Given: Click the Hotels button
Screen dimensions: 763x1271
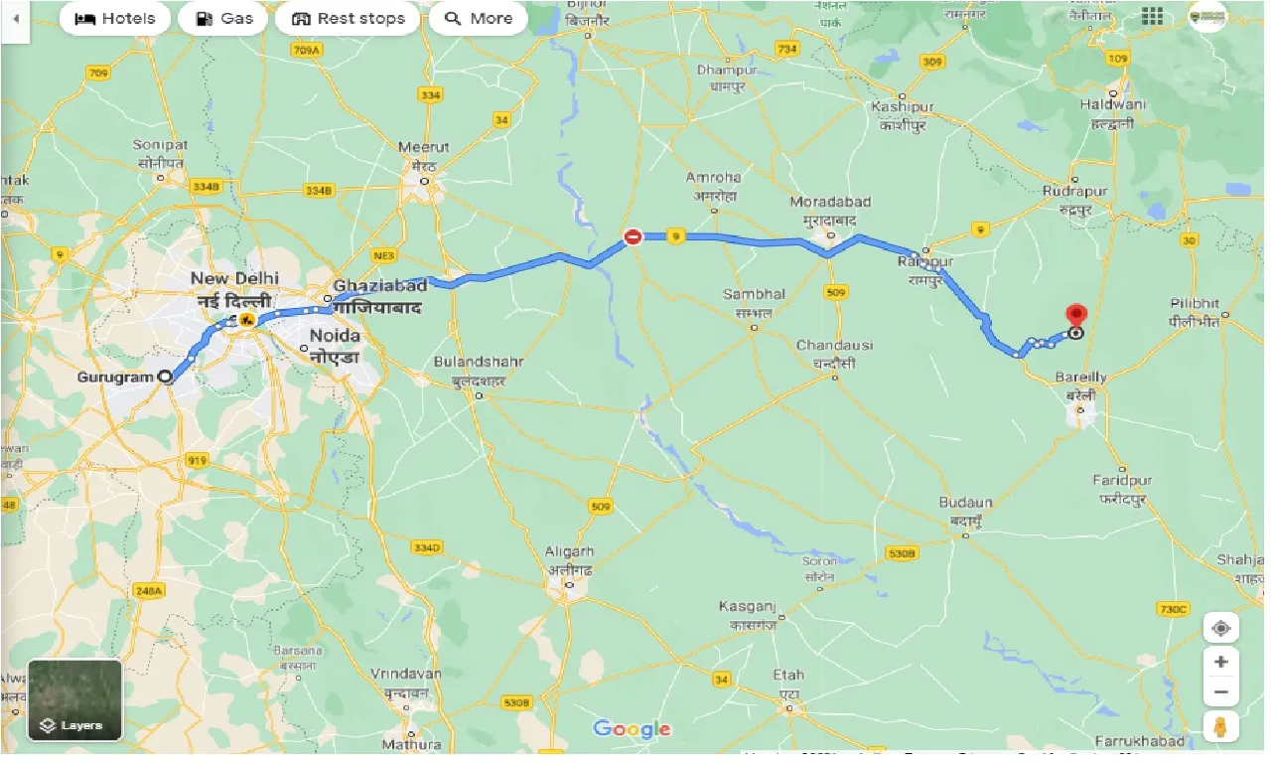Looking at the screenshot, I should (x=115, y=18).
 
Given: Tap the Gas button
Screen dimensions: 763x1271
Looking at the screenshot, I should (x=223, y=18).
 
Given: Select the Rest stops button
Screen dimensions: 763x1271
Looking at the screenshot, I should (x=348, y=18).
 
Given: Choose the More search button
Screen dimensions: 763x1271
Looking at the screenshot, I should (x=478, y=18).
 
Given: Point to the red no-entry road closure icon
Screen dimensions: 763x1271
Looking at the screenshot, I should (x=633, y=236).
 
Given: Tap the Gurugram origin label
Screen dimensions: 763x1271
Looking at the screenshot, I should (x=114, y=378).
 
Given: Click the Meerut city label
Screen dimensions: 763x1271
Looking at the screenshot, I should (x=424, y=147).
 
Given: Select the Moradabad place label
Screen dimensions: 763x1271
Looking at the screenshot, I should (x=830, y=202).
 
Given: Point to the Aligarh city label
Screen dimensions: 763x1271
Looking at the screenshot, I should (x=569, y=551).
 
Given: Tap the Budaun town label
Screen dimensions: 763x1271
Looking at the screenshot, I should (x=966, y=504).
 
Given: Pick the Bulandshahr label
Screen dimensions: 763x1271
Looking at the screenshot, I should (x=479, y=362).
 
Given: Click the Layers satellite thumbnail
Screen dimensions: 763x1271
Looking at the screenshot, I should (x=74, y=699).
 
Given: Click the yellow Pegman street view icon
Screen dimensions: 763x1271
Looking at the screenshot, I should (x=1220, y=726).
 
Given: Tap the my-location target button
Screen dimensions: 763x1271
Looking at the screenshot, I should (x=1220, y=628).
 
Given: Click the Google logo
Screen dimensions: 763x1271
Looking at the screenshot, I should (x=632, y=730).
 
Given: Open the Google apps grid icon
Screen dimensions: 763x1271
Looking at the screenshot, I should (x=1152, y=16).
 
